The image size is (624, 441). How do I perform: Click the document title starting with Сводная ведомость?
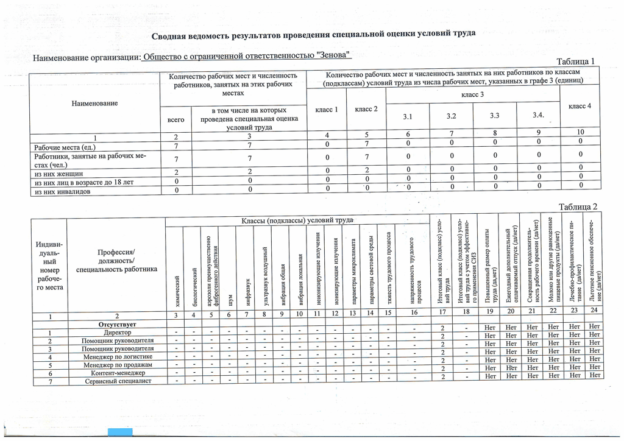pos(313,34)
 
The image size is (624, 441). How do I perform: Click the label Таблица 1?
pos(576,62)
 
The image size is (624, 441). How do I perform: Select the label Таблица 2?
pos(578,206)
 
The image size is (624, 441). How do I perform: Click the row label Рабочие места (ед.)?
pos(65,147)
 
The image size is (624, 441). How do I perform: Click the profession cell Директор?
pos(116,333)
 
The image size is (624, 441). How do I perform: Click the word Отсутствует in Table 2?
pos(116,324)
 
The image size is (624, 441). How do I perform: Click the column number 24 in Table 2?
pos(593,310)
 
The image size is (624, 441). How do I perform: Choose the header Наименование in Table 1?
pos(94,104)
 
